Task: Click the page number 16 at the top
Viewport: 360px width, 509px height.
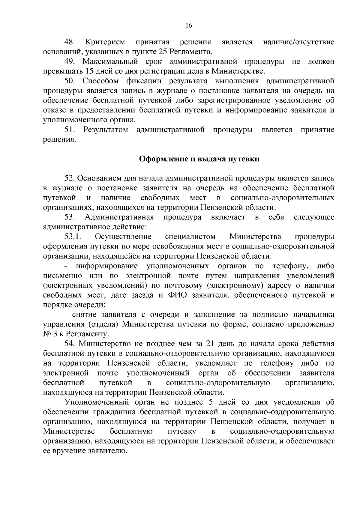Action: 189,25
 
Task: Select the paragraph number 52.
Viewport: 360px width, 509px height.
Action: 69,179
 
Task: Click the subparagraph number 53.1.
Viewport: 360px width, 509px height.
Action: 73,237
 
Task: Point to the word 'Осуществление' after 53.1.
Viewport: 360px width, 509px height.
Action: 123,237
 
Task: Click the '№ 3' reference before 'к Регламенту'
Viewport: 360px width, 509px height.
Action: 50,334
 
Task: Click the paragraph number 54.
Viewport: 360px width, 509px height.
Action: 69,344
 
